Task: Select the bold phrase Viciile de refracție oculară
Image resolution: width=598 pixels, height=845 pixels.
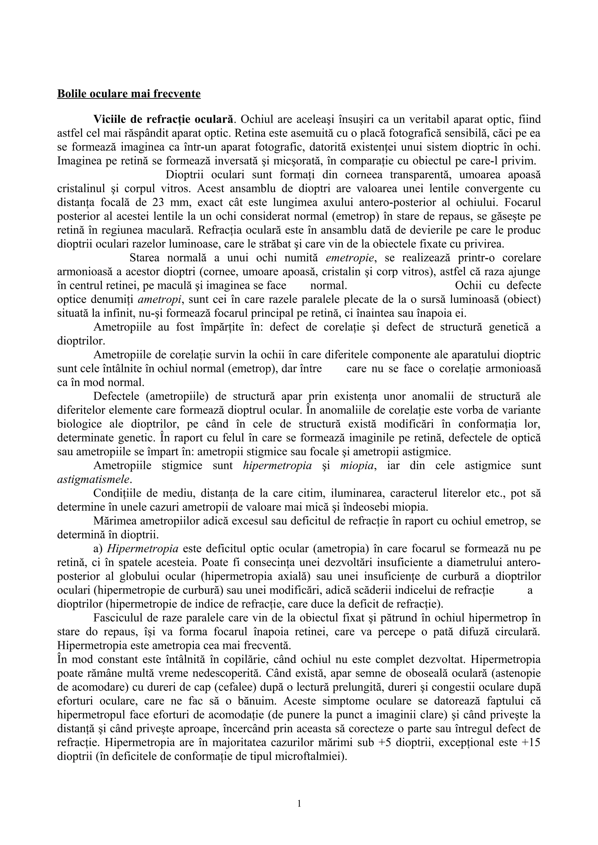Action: [x=164, y=119]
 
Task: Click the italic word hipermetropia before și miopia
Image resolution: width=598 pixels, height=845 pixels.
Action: [x=277, y=466]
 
